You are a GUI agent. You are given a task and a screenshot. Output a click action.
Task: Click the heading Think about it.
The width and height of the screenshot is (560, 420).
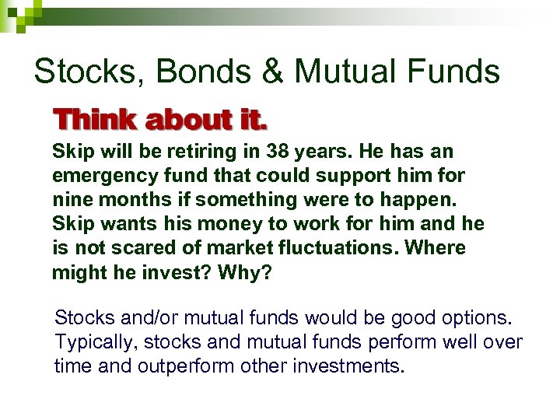160,121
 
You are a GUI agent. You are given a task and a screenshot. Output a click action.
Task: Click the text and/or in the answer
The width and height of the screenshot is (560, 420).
148,319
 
